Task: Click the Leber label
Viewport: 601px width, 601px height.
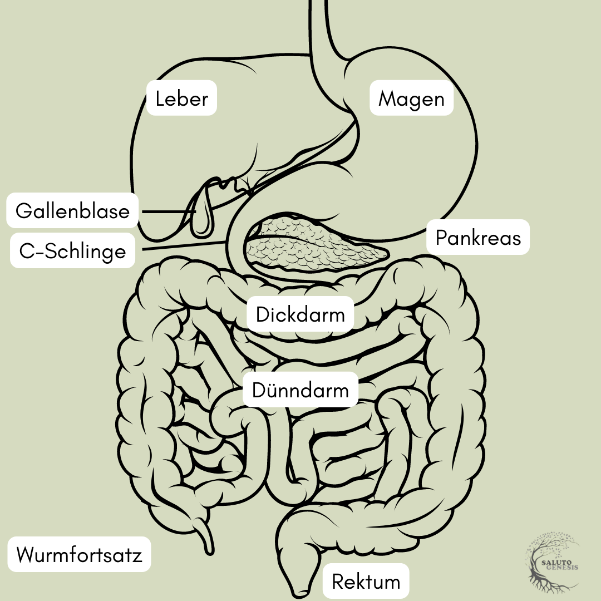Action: click(181, 99)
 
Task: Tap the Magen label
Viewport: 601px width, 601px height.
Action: click(412, 99)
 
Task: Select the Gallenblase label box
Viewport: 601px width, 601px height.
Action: click(72, 211)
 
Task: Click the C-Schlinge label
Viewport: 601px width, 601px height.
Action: click(72, 252)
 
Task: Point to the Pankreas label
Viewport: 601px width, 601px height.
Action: click(478, 238)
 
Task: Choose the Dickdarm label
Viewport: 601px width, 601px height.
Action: click(300, 315)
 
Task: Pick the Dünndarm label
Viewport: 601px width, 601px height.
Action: click(300, 390)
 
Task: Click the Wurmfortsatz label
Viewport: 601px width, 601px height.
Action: click(80, 555)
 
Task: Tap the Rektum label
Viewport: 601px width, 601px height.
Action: click(366, 582)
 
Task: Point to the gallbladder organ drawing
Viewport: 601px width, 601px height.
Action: click(201, 214)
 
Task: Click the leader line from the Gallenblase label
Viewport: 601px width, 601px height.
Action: click(167, 212)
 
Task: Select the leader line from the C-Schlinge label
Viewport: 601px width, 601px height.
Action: click(184, 246)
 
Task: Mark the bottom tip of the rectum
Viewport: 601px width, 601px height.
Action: click(301, 591)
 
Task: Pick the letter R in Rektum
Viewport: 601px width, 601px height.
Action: click(338, 582)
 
